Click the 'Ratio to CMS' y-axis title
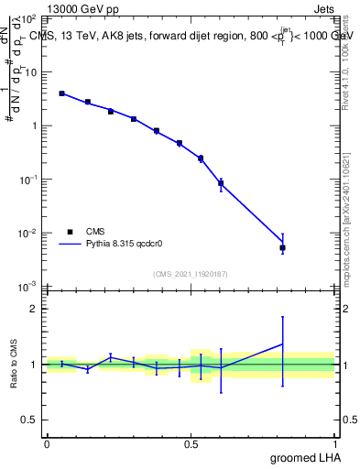[x=15, y=364]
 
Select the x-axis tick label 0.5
[x=191, y=444]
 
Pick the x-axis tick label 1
[x=335, y=444]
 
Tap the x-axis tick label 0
[x=47, y=444]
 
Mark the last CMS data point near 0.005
[x=283, y=247]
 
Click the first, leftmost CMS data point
[x=61, y=93]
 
